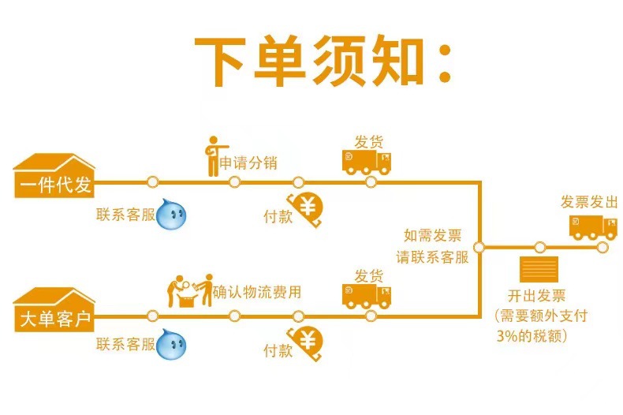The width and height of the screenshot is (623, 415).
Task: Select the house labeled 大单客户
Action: click(x=54, y=309)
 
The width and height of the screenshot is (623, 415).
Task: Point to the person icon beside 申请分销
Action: click(x=212, y=156)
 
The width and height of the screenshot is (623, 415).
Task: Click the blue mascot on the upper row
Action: click(x=172, y=214)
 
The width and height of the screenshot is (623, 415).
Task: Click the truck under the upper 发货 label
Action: click(x=367, y=163)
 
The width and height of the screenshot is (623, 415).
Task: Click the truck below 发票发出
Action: click(x=593, y=226)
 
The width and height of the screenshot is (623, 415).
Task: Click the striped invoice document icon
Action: click(x=539, y=269)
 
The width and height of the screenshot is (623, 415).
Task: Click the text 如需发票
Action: click(x=432, y=236)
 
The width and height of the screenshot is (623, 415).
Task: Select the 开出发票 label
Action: click(x=535, y=297)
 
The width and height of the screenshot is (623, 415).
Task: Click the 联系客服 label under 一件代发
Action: click(x=125, y=214)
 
